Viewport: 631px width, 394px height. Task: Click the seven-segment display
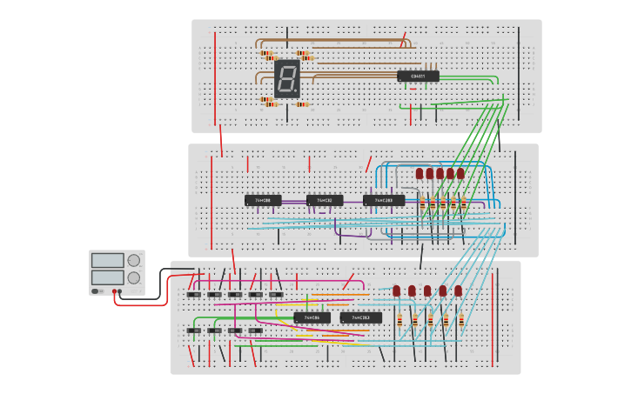286,78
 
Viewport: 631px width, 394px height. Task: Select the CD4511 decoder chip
418,77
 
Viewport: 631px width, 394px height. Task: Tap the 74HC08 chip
263,200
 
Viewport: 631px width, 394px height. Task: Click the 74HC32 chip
325,200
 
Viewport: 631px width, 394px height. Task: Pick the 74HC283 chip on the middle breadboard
384,200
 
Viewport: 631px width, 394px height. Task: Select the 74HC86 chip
312,317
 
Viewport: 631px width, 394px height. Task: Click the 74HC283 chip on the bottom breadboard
360,317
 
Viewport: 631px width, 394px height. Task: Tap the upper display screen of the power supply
107,260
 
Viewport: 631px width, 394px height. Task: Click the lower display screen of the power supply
107,277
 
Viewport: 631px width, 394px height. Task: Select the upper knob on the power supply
133,260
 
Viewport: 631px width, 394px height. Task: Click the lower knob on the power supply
133,277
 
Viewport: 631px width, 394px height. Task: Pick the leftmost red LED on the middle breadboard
420,174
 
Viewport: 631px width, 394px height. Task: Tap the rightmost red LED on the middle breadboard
460,174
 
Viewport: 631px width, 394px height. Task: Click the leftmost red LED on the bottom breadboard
397,290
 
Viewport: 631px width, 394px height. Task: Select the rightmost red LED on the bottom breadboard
458,290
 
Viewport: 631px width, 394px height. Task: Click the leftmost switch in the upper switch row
194,295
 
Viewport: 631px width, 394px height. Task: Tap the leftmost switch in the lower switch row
194,331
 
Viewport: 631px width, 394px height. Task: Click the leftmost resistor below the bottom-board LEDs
399,321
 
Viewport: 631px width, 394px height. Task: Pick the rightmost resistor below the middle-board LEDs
463,204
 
